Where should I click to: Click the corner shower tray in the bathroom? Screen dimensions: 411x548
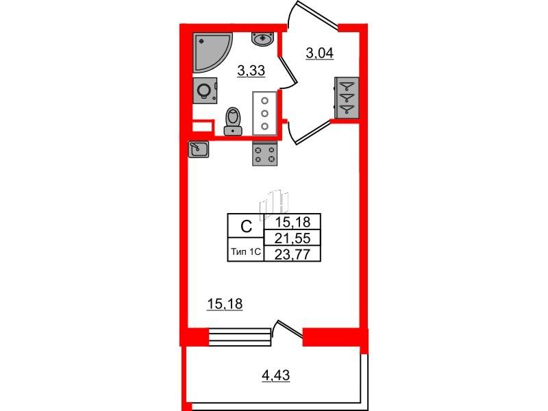(x=210, y=51)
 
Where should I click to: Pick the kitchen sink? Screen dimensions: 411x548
(x=199, y=149)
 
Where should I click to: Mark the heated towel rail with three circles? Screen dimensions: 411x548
(x=264, y=113)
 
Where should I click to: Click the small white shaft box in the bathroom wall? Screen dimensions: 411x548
(x=200, y=127)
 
